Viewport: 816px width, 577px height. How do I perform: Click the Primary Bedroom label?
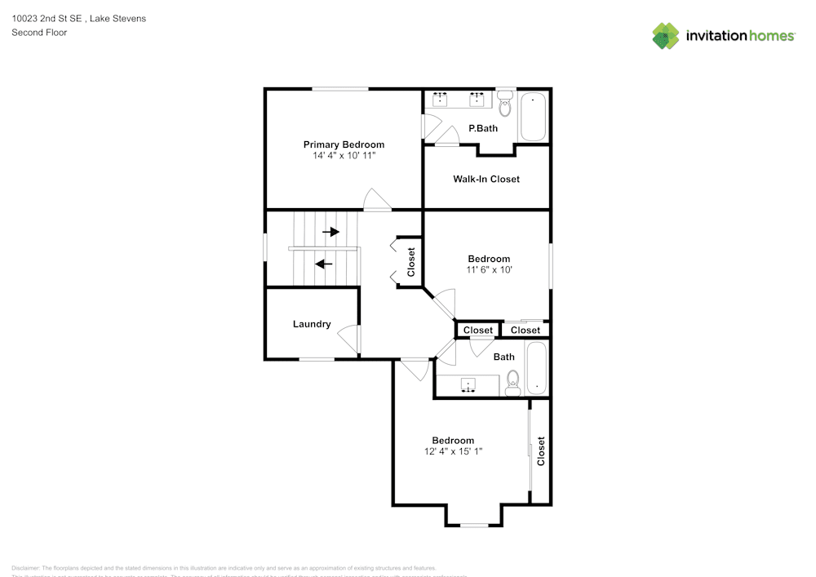pyautogui.click(x=344, y=144)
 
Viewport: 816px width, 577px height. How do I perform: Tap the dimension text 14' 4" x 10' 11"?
pyautogui.click(x=344, y=155)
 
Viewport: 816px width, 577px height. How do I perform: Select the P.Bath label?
pyautogui.click(x=483, y=128)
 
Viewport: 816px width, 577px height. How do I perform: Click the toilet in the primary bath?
pyautogui.click(x=504, y=103)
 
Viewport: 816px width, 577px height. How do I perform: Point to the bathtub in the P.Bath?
pyautogui.click(x=534, y=117)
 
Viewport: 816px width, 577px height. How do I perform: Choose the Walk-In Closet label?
pyautogui.click(x=486, y=179)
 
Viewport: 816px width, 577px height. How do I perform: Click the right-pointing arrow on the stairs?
pyautogui.click(x=330, y=232)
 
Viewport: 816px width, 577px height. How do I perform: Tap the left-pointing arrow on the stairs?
pyautogui.click(x=324, y=264)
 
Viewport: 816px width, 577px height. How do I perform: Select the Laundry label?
pyautogui.click(x=312, y=324)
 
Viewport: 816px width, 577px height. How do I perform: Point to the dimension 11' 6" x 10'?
pyautogui.click(x=489, y=269)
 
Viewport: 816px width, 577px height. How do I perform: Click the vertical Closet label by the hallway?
pyautogui.click(x=411, y=262)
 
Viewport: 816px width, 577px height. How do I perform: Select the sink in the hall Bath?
pyautogui.click(x=470, y=384)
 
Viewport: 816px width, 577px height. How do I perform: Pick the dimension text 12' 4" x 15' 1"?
pyautogui.click(x=453, y=451)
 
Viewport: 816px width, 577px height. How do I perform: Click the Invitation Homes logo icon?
pyautogui.click(x=666, y=35)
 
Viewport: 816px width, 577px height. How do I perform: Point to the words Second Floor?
pyautogui.click(x=39, y=33)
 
